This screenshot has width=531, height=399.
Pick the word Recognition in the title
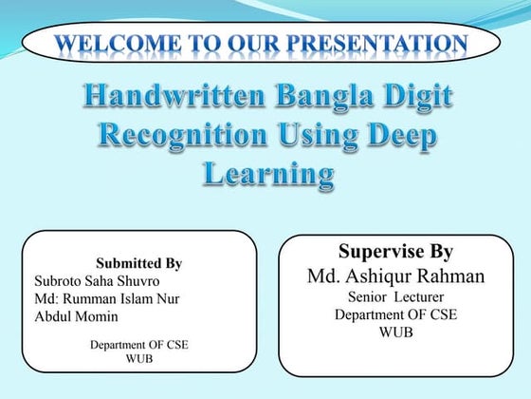click(x=186, y=136)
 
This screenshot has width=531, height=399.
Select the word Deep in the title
click(x=404, y=137)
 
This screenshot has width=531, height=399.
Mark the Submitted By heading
click(x=138, y=263)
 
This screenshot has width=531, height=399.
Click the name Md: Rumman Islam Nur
click(x=106, y=299)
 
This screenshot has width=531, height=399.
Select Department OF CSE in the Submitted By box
click(x=138, y=345)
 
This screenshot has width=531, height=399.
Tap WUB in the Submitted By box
click(x=138, y=359)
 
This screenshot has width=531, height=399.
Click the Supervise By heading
click(x=395, y=253)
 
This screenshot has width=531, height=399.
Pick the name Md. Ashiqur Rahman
click(x=395, y=276)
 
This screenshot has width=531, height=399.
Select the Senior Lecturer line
click(x=395, y=297)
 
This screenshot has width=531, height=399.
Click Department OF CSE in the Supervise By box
click(x=395, y=314)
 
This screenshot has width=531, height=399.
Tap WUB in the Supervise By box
click(x=395, y=332)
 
